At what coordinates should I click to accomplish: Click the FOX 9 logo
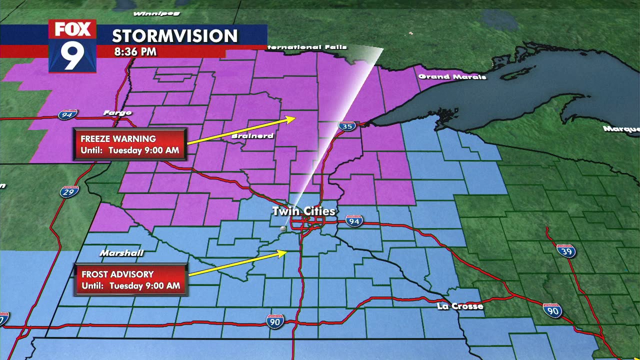pos(72,46)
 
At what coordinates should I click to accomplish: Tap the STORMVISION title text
pos(174,36)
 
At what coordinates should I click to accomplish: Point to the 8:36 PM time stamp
pos(134,51)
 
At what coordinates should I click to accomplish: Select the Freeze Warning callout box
pos(130,144)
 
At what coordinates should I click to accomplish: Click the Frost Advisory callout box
pos(131,280)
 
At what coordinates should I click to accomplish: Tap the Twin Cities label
pos(303,211)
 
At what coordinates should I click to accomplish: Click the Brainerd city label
pos(252,136)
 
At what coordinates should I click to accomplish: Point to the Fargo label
pos(117,113)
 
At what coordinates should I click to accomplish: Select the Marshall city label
pos(121,253)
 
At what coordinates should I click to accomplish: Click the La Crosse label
pos(460,306)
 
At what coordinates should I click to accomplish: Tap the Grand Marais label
pos(452,76)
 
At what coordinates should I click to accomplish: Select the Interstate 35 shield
pos(346,126)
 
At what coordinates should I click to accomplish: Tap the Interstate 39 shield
pos(565,250)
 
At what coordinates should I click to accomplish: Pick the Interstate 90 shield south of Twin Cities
pos(275,320)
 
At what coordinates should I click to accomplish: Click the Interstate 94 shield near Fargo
pos(67,114)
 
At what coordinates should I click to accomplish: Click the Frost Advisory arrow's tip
pos(287,252)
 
